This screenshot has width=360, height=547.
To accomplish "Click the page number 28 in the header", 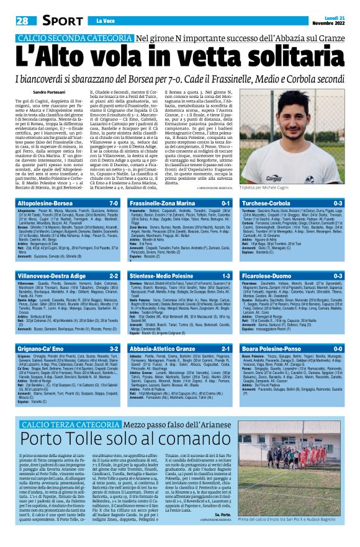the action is [x=22, y=21].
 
